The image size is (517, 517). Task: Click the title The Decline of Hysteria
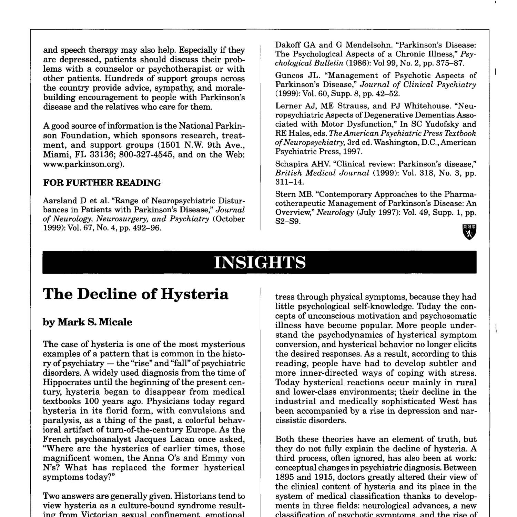(x=135, y=294)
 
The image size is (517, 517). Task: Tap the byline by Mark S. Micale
(x=87, y=322)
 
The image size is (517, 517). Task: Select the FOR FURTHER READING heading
(x=102, y=183)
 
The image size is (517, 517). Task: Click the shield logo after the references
(x=469, y=232)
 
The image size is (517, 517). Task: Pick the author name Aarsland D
(x=61, y=201)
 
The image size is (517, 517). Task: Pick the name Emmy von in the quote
(x=222, y=458)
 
